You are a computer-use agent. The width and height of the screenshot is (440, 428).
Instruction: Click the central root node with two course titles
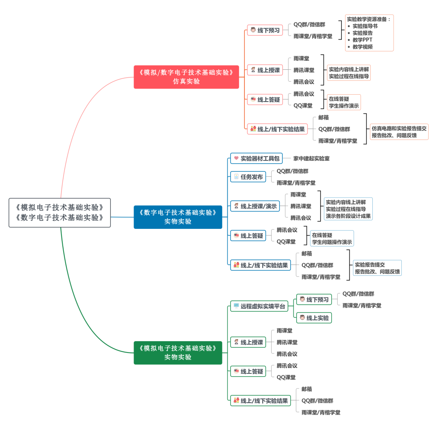click(x=59, y=212)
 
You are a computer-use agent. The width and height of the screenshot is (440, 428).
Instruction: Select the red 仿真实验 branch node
click(x=186, y=77)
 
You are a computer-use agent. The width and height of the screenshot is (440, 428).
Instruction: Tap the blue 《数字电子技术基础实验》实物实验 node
click(x=178, y=217)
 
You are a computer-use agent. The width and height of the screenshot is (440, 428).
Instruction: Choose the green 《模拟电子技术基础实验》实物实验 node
click(x=178, y=353)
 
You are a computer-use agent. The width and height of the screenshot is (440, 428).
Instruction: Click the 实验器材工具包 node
click(x=256, y=158)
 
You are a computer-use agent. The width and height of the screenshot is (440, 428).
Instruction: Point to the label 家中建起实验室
click(x=311, y=158)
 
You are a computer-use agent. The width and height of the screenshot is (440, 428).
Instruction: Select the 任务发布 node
click(x=248, y=177)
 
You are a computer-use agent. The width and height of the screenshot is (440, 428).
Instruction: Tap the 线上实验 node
click(x=314, y=317)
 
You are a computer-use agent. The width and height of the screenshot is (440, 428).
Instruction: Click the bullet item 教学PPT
click(x=362, y=40)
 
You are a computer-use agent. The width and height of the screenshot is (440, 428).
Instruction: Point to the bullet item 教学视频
click(x=362, y=47)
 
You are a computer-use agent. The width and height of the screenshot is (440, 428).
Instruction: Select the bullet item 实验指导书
click(x=365, y=26)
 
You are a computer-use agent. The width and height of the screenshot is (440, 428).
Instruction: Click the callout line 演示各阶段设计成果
click(x=348, y=216)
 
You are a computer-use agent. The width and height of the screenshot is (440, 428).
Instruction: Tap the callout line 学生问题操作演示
click(x=332, y=242)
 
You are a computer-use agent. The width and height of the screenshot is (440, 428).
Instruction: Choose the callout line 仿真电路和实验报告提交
click(x=399, y=128)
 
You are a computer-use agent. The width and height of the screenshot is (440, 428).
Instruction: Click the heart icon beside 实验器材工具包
click(x=236, y=158)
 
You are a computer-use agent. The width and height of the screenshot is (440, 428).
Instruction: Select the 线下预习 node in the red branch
click(x=265, y=30)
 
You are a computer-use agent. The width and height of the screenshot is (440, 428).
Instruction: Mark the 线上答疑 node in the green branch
click(x=248, y=371)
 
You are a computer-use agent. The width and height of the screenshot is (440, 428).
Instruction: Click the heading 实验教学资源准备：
click(x=369, y=19)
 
